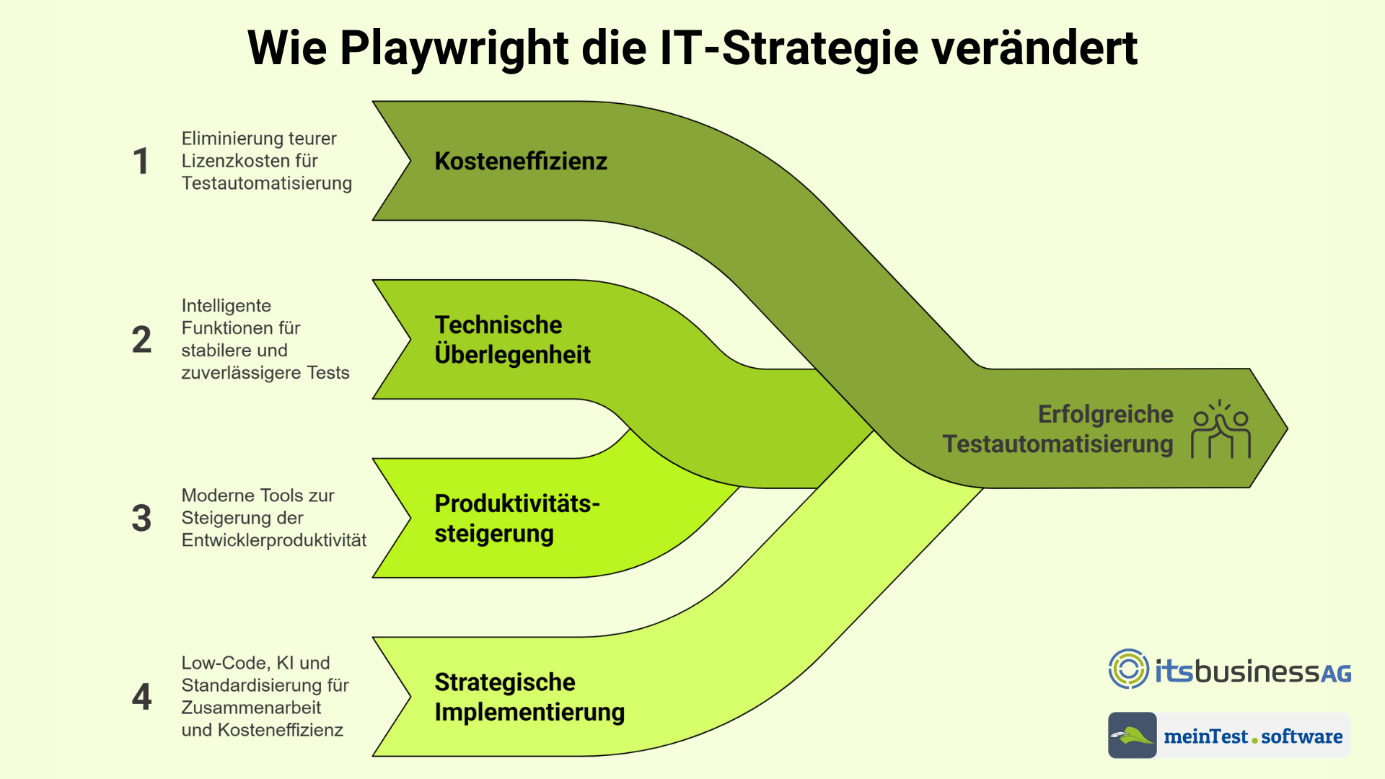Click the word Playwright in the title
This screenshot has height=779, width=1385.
click(x=454, y=49)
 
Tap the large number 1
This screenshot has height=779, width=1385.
click(x=141, y=161)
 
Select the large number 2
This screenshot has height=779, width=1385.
click(x=141, y=340)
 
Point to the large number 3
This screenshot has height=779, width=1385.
click(x=141, y=518)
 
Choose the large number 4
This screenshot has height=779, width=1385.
click(x=141, y=697)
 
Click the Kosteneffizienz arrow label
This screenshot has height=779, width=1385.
click(x=521, y=161)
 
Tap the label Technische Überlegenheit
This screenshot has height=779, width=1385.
click(x=513, y=340)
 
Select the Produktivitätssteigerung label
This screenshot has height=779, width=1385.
click(x=517, y=519)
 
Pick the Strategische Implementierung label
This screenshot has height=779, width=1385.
click(x=529, y=697)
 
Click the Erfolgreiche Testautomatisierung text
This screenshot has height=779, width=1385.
click(x=1058, y=429)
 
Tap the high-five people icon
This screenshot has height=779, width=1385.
click(x=1221, y=429)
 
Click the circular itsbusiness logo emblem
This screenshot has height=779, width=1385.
click(x=1129, y=669)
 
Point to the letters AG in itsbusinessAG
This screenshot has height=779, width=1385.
click(x=1336, y=674)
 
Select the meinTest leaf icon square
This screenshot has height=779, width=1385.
click(x=1133, y=735)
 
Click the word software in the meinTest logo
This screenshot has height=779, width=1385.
click(x=1302, y=736)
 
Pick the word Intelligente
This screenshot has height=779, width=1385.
click(x=227, y=306)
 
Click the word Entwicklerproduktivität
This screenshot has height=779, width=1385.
click(x=274, y=540)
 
